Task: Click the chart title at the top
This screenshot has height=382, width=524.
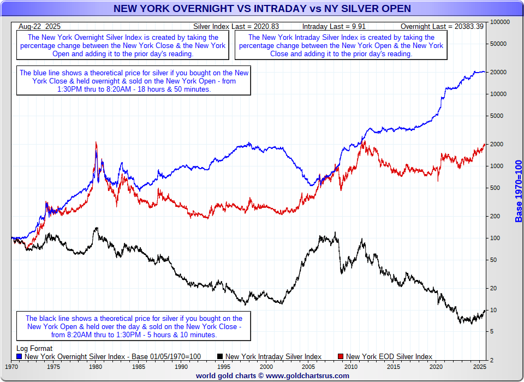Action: [x=262, y=9]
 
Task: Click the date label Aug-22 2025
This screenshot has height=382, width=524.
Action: [x=39, y=26]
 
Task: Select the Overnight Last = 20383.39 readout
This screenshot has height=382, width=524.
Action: [x=442, y=26]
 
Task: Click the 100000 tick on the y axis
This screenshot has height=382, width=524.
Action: [x=499, y=22]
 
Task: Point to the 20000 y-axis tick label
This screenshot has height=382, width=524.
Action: [x=499, y=73]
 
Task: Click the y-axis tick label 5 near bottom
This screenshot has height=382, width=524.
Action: [x=492, y=332]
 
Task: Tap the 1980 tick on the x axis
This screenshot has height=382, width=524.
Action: [x=96, y=367]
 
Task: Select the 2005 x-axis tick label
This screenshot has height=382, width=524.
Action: [x=309, y=367]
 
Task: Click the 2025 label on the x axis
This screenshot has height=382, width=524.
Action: [x=479, y=367]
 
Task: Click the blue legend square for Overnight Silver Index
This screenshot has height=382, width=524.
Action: [x=20, y=356]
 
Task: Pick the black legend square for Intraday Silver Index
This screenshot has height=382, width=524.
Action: [x=220, y=356]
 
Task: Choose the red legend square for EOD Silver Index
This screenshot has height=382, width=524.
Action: [x=341, y=356]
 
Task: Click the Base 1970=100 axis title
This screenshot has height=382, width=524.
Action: [x=519, y=191]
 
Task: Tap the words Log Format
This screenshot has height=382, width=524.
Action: [x=34, y=348]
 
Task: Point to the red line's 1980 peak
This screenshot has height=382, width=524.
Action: [x=96, y=143]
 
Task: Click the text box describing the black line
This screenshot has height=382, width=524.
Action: [x=134, y=326]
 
